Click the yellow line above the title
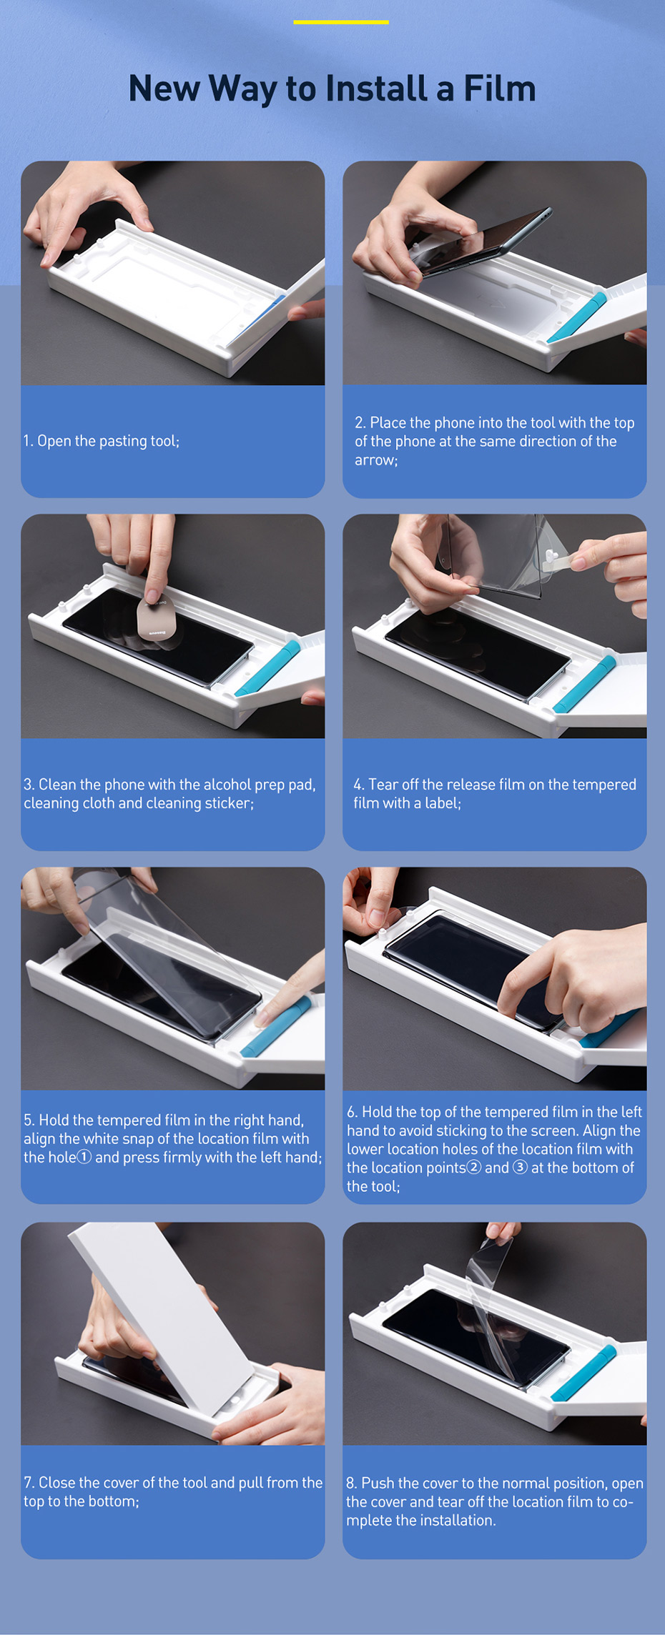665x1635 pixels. [341, 22]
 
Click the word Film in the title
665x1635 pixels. [500, 89]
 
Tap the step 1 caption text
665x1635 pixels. [102, 441]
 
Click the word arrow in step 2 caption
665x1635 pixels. [376, 460]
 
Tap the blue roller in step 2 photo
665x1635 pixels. [576, 317]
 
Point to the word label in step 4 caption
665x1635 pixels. [443, 803]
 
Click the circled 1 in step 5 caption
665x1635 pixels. [84, 1157]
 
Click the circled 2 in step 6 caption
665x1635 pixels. [473, 1168]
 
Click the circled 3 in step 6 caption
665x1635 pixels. [520, 1168]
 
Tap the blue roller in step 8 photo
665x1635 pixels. [583, 1373]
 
